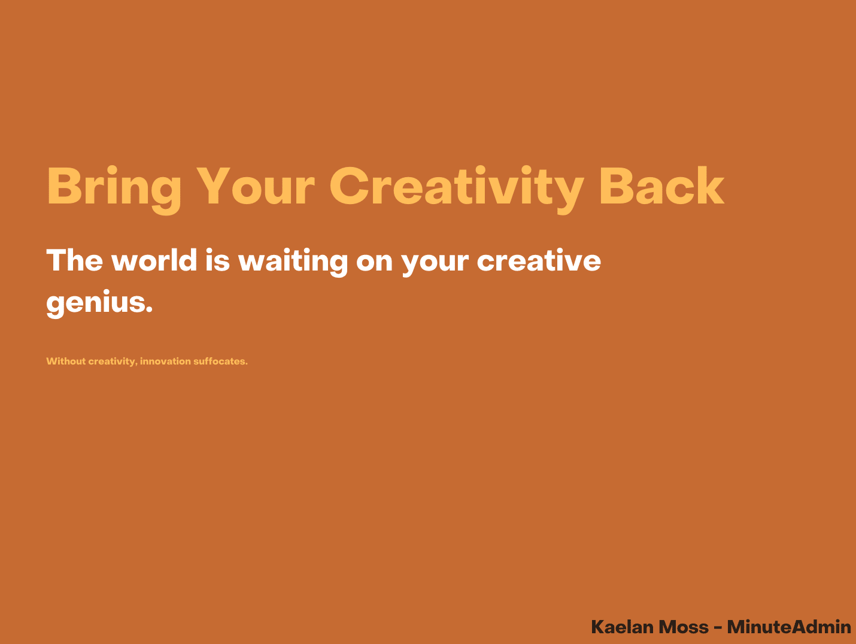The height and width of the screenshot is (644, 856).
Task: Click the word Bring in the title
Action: click(114, 190)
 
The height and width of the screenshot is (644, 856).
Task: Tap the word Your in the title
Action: click(256, 186)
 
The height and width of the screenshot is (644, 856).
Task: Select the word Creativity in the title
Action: click(457, 190)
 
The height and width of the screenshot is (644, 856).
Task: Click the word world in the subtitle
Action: click(154, 259)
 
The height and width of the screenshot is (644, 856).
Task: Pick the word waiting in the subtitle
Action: click(293, 262)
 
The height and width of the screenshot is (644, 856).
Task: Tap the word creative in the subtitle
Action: click(539, 260)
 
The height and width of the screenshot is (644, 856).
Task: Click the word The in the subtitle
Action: click(74, 260)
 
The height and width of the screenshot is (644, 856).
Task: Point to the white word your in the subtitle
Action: click(435, 265)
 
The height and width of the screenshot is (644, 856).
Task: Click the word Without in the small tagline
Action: click(66, 361)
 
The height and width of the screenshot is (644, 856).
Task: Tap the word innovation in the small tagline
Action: click(165, 361)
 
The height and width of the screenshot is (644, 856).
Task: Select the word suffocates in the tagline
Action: click(220, 361)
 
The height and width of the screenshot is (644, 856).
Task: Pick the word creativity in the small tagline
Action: click(113, 362)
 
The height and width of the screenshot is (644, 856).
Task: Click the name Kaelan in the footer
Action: click(622, 627)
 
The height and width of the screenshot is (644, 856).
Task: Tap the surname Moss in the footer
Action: click(683, 627)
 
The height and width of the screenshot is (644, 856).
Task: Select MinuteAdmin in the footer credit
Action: click(789, 627)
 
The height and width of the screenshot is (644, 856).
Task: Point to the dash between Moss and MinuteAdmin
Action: click(718, 628)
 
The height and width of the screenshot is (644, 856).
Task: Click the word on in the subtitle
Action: click(374, 262)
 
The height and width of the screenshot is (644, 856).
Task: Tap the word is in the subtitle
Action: click(218, 260)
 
